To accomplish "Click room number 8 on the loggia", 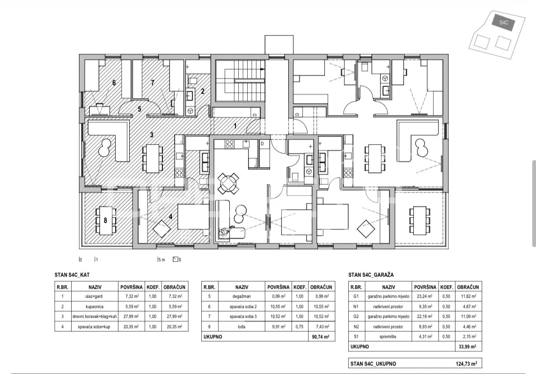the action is point(105,220).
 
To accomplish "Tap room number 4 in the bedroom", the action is point(170,216).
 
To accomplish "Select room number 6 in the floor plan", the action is point(114,82).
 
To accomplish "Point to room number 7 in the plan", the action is point(153,82).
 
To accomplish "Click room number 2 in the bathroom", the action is point(203,91).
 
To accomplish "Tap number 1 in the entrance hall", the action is point(235,126).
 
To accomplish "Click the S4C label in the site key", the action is point(504,22).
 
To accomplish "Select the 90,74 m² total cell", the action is point(321,337).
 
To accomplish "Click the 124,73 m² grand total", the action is point(466,364).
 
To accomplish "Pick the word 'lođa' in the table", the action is point(242,327).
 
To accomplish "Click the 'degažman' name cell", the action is point(242,297).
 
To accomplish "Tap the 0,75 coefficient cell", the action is point(300,327).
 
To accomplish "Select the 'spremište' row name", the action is point(388,337).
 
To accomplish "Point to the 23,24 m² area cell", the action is point(425,297).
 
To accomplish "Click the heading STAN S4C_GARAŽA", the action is point(371,275).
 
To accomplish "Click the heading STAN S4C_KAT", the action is point(72,275).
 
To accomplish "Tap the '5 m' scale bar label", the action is point(162,260).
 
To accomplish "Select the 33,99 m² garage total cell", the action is point(467,347).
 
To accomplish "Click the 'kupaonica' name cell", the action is point(95,307).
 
